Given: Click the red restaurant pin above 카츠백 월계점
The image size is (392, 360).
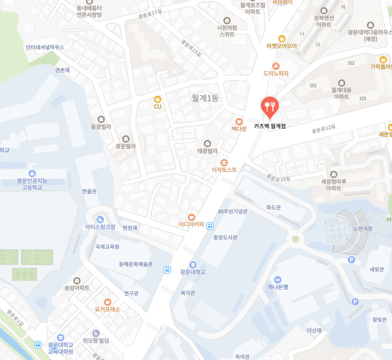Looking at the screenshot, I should [x=269, y=106].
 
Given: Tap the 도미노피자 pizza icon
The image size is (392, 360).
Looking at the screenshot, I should [x=276, y=66].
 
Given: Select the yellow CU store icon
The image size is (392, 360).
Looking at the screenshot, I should [x=158, y=99].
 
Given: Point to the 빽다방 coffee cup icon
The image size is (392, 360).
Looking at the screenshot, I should [x=239, y=121].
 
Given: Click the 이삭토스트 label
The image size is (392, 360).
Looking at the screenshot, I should [x=224, y=170].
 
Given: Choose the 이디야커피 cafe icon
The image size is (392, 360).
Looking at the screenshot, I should [x=191, y=217].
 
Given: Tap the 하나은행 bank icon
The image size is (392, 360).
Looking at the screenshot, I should [x=278, y=279].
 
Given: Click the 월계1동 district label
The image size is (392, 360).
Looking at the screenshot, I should [x=205, y=98].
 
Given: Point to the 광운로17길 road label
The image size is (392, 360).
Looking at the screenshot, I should [x=150, y=14].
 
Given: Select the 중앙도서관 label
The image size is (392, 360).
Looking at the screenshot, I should [x=225, y=237].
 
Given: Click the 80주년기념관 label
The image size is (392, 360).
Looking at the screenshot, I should [x=233, y=211].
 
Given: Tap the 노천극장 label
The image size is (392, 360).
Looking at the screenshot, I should [x=363, y=229].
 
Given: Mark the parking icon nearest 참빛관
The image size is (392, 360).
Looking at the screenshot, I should [x=355, y=302].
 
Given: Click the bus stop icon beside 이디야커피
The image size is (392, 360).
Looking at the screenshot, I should [x=210, y=226].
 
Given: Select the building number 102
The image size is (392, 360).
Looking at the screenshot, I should [x=351, y=63].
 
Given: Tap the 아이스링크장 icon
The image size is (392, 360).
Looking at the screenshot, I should [x=100, y=219].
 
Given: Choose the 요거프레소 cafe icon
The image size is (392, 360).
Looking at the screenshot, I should [x=108, y=302].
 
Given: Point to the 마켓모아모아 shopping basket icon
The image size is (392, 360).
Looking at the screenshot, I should [x=282, y=38].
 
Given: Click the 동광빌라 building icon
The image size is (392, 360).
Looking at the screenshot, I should [x=101, y=119].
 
